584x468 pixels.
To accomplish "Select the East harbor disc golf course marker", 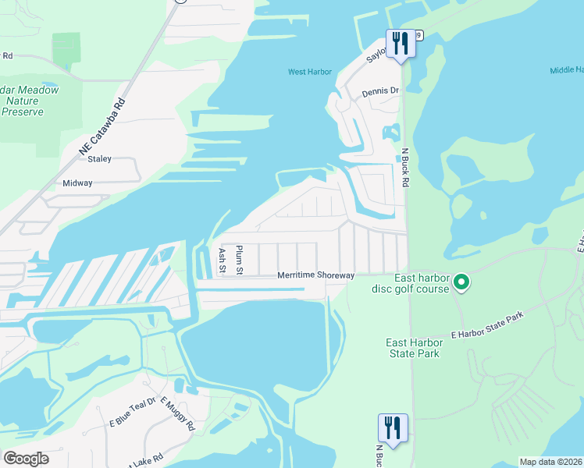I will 461,282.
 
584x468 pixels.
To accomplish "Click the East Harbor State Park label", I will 413,348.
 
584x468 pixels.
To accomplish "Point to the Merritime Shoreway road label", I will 316,275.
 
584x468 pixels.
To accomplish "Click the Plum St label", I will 240,261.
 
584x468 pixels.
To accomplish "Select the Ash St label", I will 223,261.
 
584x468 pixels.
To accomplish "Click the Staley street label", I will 100,159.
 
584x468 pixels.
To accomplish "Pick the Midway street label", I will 78,183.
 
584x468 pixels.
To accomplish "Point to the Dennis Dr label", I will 380,91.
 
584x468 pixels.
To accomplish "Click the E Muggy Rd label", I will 177,413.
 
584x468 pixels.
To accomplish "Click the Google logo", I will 26,459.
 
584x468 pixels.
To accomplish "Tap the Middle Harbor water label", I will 566,69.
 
